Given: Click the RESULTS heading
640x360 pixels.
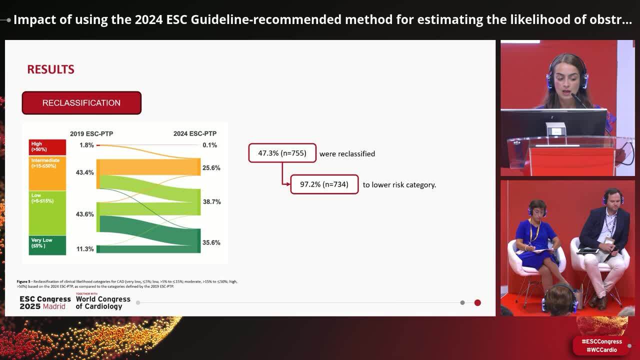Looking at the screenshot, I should pos(50,69).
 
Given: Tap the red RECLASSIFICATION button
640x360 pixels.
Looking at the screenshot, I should pos(81,103).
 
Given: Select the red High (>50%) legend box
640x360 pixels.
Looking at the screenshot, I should pos(47,147).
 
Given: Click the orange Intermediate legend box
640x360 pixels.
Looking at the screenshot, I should pos(47,173).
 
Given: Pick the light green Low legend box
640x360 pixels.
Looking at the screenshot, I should pos(47,212).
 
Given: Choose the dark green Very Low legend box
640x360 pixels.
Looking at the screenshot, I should pos(47,245).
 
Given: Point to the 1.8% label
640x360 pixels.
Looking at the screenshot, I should pos(86,145).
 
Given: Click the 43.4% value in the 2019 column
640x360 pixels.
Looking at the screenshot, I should pos(85,172).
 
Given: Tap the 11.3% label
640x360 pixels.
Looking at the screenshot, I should pos(85,249).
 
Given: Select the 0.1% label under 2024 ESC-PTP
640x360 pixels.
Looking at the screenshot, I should pos(209,145).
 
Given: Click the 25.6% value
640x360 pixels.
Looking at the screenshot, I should pos(211,168).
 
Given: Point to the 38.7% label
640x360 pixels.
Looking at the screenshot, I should pos(211,202).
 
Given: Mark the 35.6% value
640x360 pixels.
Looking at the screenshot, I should pos(211,243).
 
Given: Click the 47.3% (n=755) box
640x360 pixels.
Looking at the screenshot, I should pos(282,153).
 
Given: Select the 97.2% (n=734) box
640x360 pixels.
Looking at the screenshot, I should pos(324,184).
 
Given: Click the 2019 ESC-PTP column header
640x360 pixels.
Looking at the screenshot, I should pos(91,133).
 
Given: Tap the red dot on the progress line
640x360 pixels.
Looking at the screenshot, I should pos(477,302).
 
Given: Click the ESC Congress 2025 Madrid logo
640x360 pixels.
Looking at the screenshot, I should pos(45,302).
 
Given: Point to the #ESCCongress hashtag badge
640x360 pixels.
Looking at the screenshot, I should pos(601,341).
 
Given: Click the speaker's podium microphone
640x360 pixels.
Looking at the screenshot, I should pos(578,100).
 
